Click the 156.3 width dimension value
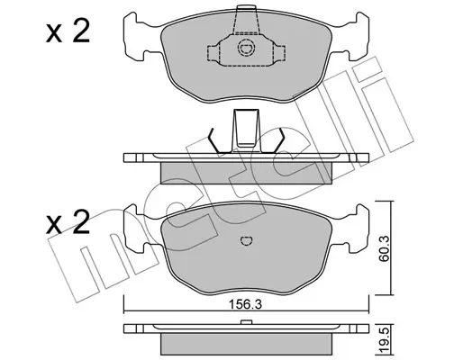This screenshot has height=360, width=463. pyautogui.click(x=246, y=304)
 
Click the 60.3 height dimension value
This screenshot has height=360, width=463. pyautogui.click(x=384, y=248)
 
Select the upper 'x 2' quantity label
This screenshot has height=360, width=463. pyautogui.click(x=68, y=32)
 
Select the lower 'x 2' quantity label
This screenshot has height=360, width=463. pyautogui.click(x=68, y=222)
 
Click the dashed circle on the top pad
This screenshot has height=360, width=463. pyautogui.click(x=246, y=48)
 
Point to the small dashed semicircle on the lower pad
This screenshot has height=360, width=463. pyautogui.click(x=247, y=240)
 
